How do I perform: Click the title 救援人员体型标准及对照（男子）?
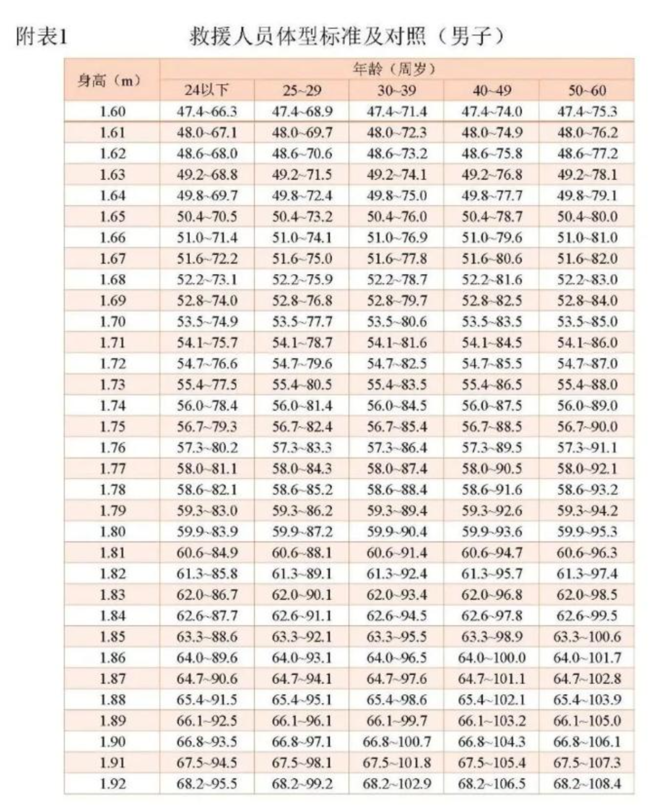(346, 37)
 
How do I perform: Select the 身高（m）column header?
(112, 80)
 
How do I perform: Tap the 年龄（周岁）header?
(396, 69)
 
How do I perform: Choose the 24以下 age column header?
(207, 91)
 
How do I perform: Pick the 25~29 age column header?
(302, 91)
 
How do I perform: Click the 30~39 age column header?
(397, 91)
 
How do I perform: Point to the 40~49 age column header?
(492, 91)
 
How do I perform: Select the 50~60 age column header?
(587, 91)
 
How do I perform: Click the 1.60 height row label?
(112, 112)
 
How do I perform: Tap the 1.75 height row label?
(112, 427)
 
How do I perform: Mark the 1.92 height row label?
(112, 784)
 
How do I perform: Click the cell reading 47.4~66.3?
(207, 112)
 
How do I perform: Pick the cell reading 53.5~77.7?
(302, 322)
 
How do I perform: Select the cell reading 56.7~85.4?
(397, 427)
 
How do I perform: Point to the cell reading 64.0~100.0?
(492, 658)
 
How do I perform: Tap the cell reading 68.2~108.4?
(587, 784)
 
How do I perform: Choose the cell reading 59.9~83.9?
(207, 532)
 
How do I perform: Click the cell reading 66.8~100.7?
(397, 742)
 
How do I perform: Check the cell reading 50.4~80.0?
(587, 217)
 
